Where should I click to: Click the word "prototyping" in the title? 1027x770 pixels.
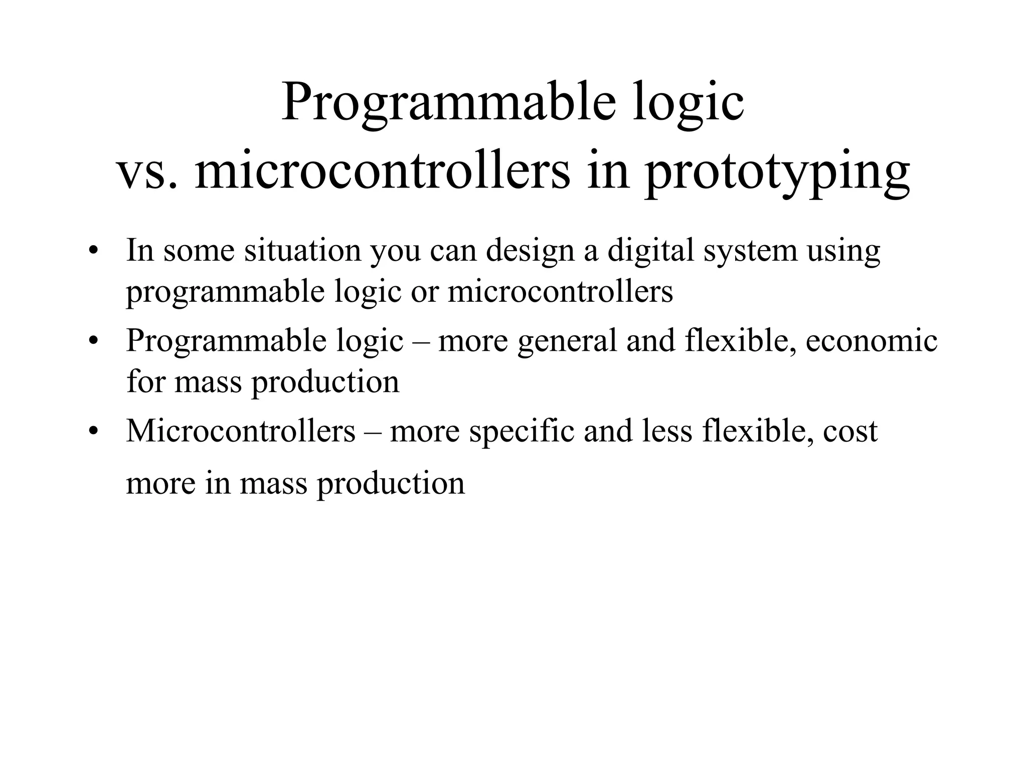pos(777,173)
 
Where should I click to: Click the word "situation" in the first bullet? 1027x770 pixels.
pos(302,250)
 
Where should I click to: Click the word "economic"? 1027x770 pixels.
pos(871,340)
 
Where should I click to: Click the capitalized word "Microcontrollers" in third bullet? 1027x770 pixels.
pos(240,431)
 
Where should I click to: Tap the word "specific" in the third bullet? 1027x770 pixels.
pos(521,432)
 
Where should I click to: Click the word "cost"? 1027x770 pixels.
pos(850,432)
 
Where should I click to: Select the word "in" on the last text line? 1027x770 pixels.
pos(216,484)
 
